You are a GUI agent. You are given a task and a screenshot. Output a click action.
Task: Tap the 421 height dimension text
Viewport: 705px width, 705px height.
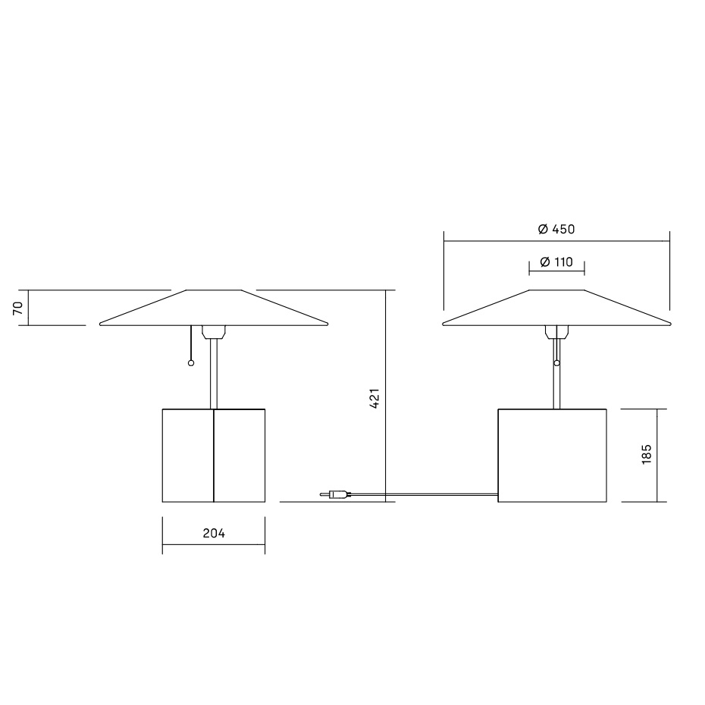click(374, 399)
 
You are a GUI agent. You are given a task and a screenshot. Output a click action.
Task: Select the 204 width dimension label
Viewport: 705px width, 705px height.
click(214, 534)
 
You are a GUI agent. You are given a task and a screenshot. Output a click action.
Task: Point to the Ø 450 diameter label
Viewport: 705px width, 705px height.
click(556, 229)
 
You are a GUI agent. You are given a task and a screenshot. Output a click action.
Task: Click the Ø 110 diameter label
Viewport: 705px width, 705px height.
click(556, 262)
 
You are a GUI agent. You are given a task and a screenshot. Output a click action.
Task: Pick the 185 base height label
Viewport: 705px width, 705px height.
click(646, 455)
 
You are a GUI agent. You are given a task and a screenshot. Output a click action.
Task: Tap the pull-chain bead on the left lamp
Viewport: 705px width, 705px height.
click(190, 364)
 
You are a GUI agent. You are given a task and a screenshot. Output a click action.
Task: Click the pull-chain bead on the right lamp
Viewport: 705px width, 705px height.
click(557, 364)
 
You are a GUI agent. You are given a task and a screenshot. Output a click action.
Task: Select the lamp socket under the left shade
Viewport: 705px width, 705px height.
click(214, 331)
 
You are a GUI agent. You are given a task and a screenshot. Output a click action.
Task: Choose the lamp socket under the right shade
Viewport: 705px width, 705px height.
click(556, 331)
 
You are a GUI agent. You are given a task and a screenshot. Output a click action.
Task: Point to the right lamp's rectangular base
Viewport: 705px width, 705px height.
click(553, 455)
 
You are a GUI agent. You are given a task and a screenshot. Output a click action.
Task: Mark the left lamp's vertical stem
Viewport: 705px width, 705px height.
click(214, 375)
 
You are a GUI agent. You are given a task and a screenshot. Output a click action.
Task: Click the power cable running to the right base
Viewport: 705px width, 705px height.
click(425, 496)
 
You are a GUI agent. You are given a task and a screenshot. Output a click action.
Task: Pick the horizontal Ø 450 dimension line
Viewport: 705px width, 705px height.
click(493, 241)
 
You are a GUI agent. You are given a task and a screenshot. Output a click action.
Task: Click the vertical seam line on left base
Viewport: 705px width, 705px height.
click(214, 455)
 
